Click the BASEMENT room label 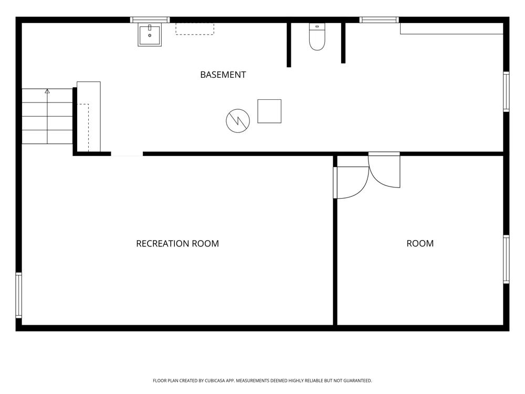click(223, 75)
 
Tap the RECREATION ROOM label click(177, 244)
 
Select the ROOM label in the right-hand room click(420, 244)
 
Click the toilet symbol click(317, 37)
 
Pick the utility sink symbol click(150, 35)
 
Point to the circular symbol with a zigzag click(238, 121)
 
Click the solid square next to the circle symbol click(269, 111)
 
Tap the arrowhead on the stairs click(47, 91)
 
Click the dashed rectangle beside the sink click(195, 29)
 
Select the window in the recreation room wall click(19, 295)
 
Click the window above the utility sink click(150, 20)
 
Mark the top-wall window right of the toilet click(379, 20)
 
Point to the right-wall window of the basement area click(506, 91)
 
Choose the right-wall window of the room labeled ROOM click(506, 260)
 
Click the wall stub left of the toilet click(289, 45)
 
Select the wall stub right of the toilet click(343, 43)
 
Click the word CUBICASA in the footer click(215, 380)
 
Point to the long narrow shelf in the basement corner click(451, 28)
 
